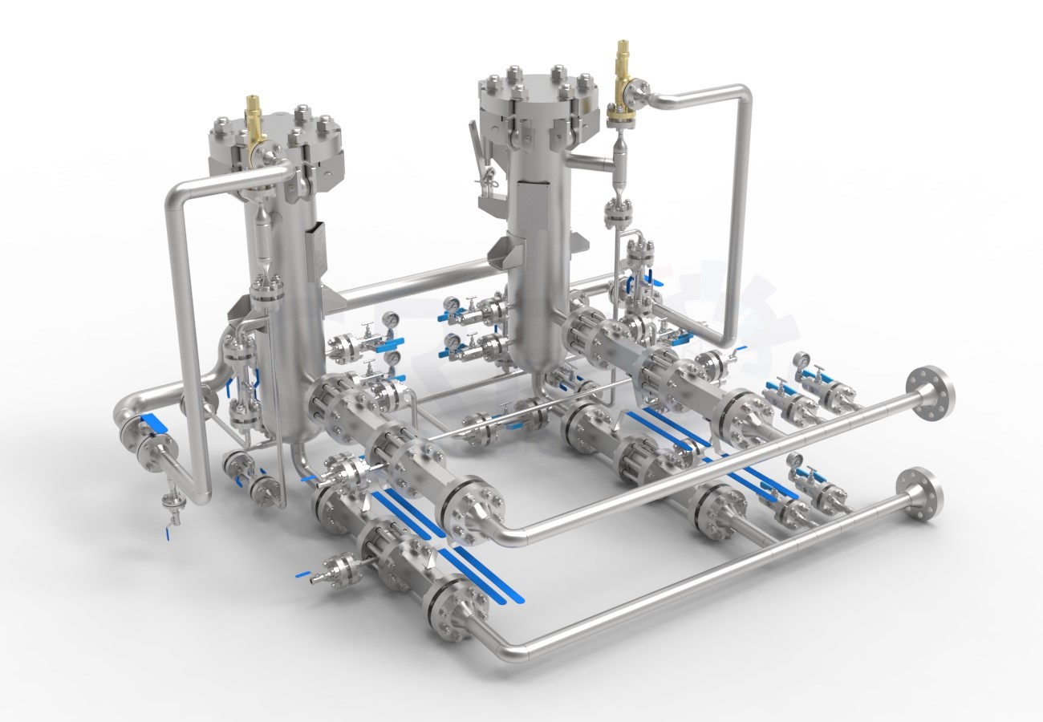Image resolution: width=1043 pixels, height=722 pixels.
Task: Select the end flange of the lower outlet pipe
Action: point(919,493)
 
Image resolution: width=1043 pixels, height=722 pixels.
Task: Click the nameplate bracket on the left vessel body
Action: point(315,241)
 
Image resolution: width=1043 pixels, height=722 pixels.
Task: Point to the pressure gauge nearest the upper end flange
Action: point(801,362)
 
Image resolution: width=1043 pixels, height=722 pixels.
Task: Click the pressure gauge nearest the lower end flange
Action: point(794,460)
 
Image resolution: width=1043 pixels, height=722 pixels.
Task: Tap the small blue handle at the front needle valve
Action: point(302,574)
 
